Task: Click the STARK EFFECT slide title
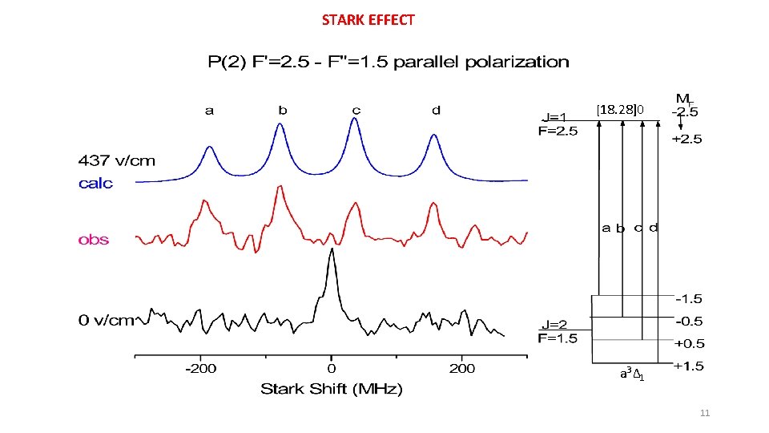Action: [368, 20]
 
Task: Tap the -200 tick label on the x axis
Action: [200, 369]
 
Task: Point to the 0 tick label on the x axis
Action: [331, 369]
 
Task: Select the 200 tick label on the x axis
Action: [462, 369]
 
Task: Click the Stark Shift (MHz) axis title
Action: [331, 390]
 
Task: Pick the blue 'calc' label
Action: [95, 184]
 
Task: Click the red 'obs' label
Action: [94, 240]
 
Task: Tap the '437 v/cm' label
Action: [117, 161]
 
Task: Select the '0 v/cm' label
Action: [106, 321]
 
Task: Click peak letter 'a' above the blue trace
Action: [209, 111]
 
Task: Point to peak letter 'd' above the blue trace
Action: [436, 111]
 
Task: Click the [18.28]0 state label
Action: [619, 109]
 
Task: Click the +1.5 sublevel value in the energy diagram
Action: [688, 366]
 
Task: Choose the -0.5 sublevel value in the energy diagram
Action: [689, 322]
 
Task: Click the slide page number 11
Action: [704, 413]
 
